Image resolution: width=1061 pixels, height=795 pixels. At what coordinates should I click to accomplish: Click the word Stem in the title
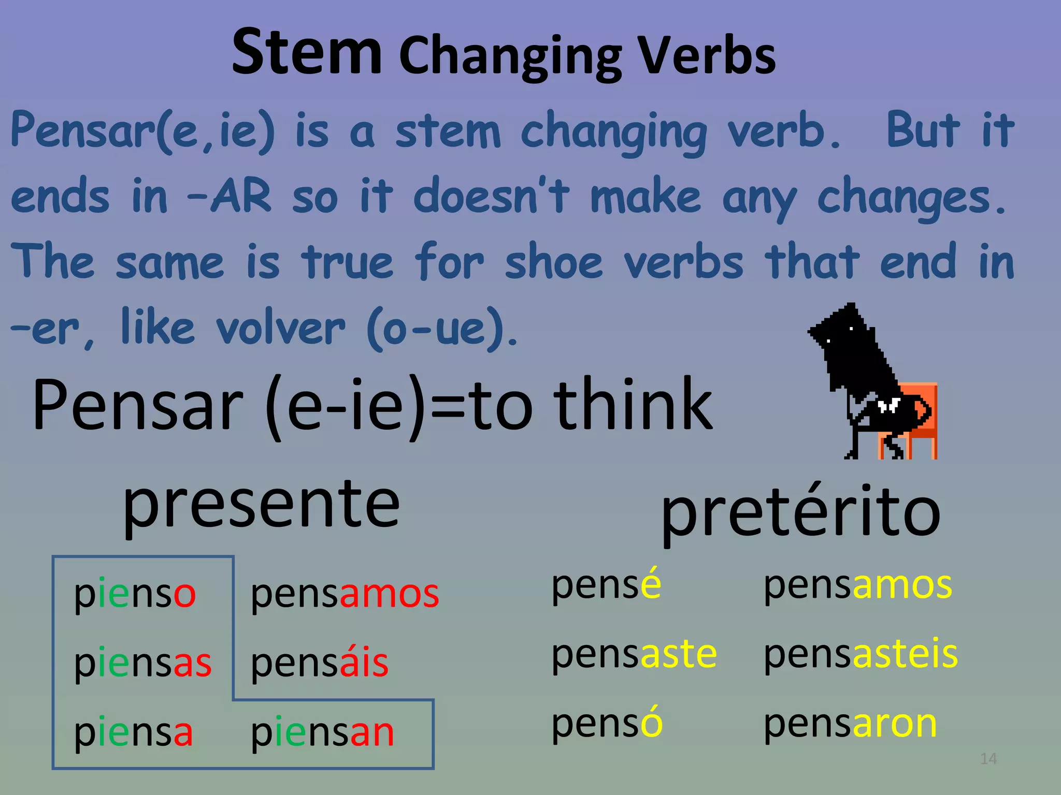coord(307,52)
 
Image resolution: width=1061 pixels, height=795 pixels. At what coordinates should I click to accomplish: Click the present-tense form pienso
coord(135,593)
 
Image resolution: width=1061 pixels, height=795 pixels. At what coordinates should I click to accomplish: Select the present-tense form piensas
coord(142,663)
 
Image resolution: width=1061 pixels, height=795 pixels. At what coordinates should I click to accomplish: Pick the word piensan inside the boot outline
coord(322,732)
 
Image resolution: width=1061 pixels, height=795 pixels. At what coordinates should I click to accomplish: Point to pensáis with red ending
coord(319,663)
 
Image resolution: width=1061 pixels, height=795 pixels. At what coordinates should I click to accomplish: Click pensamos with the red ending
coord(345,593)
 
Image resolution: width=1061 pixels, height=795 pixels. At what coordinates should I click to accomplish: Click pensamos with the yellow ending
coord(857,585)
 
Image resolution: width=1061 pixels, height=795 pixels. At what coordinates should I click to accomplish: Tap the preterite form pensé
coord(606,585)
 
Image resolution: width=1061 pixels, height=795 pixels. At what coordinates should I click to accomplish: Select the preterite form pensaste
coord(634,654)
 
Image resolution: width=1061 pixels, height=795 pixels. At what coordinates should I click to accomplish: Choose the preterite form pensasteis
coord(861,654)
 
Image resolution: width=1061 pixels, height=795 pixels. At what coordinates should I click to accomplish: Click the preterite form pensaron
coord(850,724)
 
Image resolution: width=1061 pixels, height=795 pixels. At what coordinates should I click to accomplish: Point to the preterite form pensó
coord(607,724)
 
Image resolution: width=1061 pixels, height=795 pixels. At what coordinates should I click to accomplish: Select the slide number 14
coord(988,759)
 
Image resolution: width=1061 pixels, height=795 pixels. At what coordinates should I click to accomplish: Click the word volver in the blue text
coord(280,328)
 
